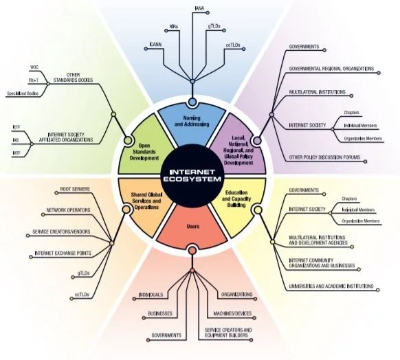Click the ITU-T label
pyautogui.click(x=32, y=79)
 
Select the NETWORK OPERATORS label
pyautogui.click(x=71, y=210)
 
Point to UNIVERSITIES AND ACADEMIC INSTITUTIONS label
pyautogui.click(x=331, y=286)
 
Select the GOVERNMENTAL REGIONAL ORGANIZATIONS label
pyautogui.click(x=331, y=69)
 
